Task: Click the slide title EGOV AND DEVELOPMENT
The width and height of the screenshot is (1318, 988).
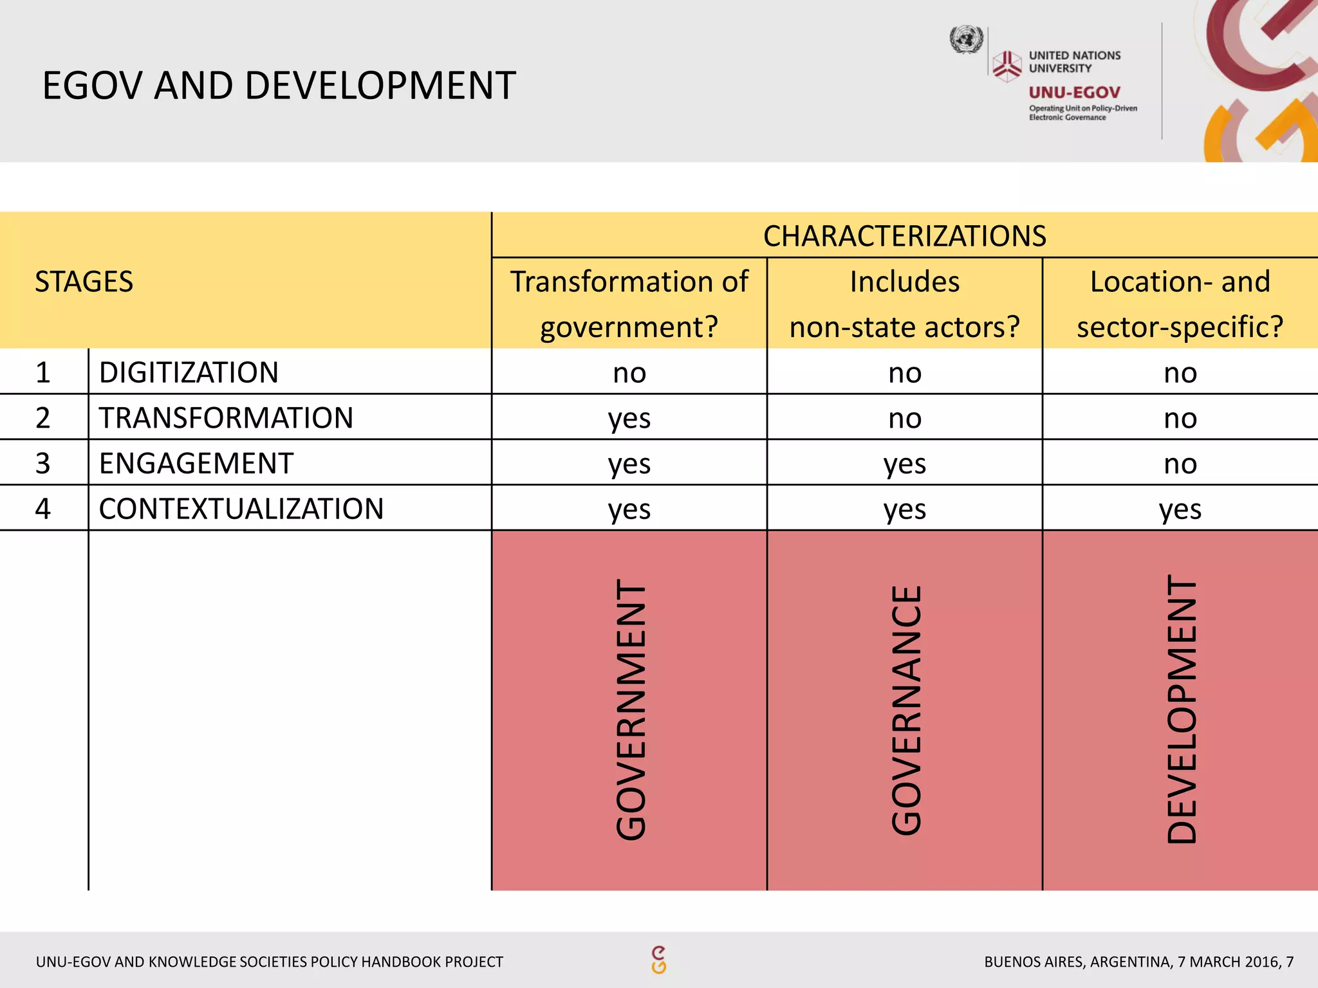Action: (279, 86)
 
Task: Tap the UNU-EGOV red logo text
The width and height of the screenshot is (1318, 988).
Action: (1074, 93)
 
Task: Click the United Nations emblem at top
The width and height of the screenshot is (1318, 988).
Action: (967, 40)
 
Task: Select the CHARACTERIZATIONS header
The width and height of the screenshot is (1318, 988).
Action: (904, 236)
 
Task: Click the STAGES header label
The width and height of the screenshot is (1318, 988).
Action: (84, 282)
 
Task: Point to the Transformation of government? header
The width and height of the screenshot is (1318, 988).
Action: (629, 304)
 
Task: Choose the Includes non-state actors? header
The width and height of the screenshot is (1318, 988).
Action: (904, 304)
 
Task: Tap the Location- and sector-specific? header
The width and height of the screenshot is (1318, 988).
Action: (1180, 304)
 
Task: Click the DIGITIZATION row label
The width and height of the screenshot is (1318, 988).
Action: (189, 372)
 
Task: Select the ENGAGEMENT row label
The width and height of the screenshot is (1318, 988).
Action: (196, 463)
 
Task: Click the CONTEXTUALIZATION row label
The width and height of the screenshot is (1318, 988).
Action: (241, 509)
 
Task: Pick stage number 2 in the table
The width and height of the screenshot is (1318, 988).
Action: (43, 418)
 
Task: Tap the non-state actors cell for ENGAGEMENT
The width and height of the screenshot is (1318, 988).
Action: (904, 464)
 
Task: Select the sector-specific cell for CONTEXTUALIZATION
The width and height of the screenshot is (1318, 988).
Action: (1180, 509)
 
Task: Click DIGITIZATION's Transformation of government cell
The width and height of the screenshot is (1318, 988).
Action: (629, 373)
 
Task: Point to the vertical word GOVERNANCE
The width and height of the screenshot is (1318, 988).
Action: (906, 710)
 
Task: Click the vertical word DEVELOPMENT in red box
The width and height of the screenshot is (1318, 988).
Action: (1182, 709)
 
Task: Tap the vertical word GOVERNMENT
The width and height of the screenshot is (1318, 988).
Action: (631, 710)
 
